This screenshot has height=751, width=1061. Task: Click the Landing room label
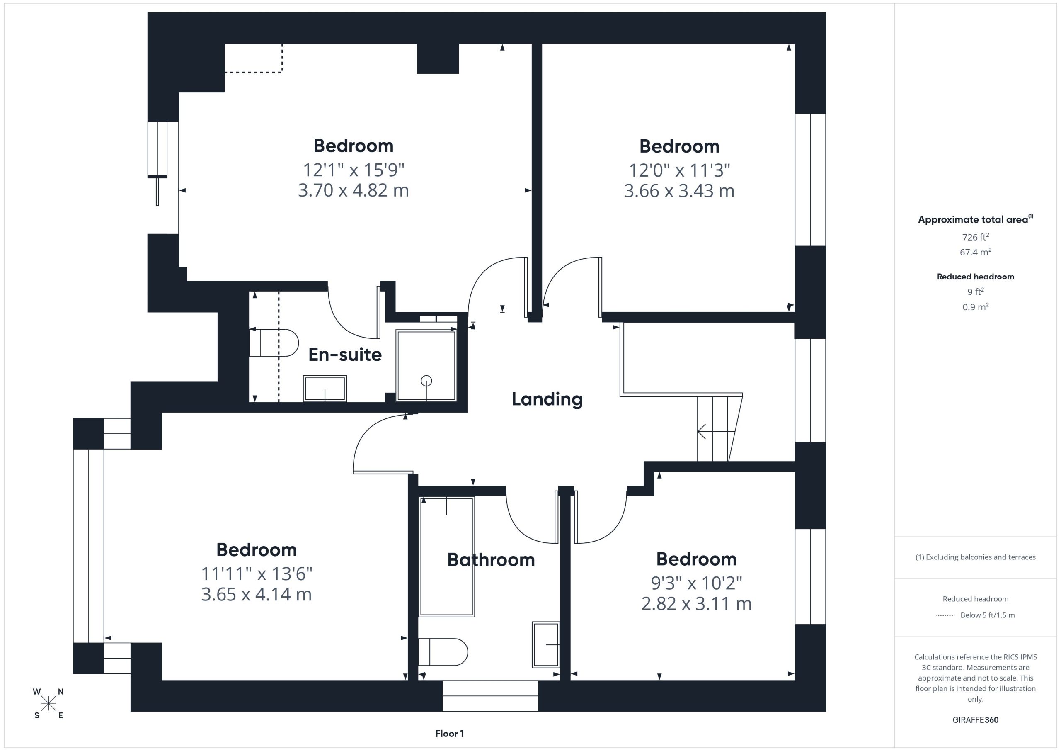547,399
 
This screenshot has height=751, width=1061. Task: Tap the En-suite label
345,355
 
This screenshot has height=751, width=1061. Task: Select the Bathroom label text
491,559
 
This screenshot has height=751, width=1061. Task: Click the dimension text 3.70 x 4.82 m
354,190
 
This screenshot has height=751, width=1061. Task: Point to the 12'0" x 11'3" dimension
679,170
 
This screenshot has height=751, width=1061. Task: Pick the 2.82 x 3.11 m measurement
696,603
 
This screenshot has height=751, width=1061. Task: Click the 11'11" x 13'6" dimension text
257,574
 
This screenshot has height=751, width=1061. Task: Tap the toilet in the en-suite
274,343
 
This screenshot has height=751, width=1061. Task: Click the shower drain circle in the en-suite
426,381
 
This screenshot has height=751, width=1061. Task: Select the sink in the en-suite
325,389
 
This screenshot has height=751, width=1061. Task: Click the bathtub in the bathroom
446,557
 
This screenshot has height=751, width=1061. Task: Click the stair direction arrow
716,432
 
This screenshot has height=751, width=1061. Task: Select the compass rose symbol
48,704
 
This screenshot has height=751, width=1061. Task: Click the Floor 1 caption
450,734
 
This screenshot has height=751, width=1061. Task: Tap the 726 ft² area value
976,237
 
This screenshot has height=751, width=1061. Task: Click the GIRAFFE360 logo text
976,719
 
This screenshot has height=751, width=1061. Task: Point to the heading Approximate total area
974,219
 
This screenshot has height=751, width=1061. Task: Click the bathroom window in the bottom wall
490,695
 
